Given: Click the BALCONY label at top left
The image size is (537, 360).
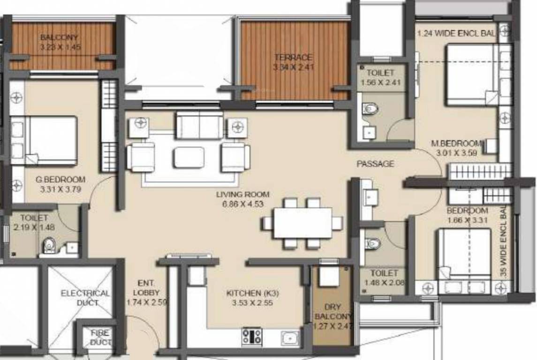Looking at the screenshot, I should (x=59, y=37).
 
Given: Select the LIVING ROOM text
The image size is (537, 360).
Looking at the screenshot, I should (x=243, y=194).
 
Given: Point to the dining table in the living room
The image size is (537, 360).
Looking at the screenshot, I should (x=303, y=223).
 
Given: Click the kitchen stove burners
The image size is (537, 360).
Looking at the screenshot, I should (x=252, y=336).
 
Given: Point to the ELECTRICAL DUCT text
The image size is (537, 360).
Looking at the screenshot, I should (x=85, y=298).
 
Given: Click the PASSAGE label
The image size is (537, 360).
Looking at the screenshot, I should (x=375, y=164).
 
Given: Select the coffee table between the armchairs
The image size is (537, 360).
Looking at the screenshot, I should (x=188, y=157).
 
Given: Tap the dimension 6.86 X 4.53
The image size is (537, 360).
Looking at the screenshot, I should (x=243, y=203).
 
